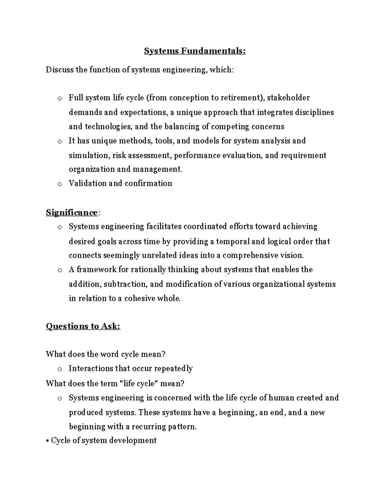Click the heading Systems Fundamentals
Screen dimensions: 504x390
[x=195, y=51]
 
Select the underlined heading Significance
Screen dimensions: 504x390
[x=71, y=213]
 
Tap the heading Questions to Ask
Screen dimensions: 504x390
[x=83, y=326]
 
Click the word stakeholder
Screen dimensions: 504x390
[x=288, y=98]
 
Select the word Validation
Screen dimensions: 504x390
[x=87, y=183]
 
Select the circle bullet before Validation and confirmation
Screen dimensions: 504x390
[x=59, y=184]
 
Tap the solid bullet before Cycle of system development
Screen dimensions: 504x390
[x=47, y=441]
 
